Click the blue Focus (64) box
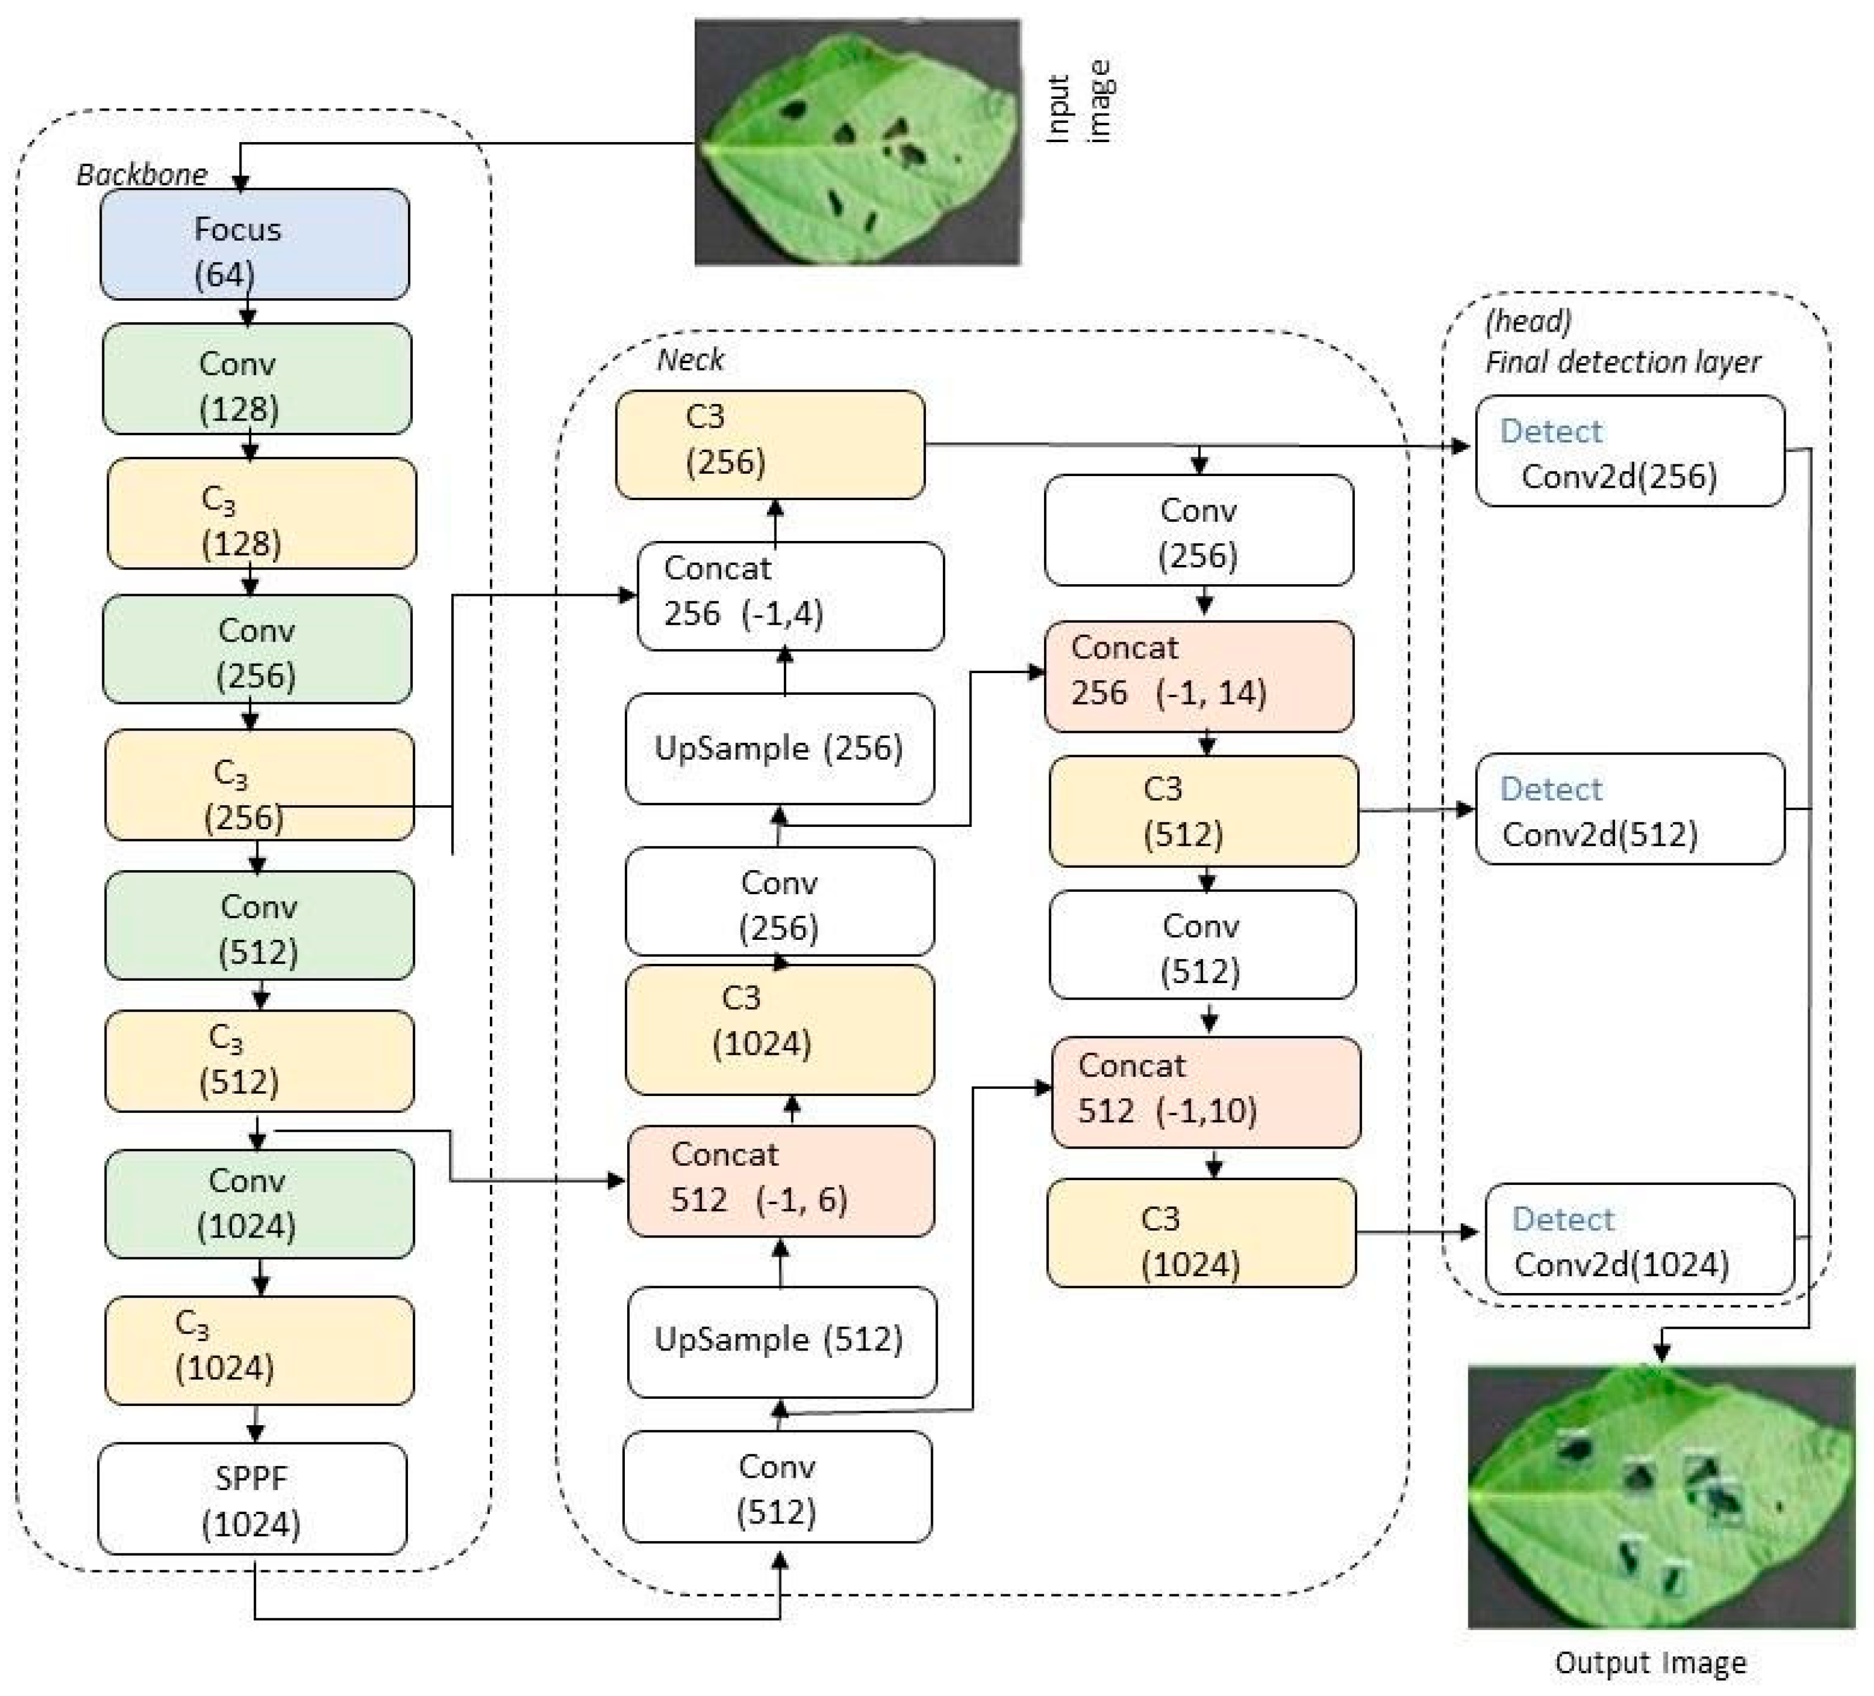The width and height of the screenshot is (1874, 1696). coord(254,244)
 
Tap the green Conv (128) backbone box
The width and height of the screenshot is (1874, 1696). coord(257,378)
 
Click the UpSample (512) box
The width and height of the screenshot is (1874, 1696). coord(782,1341)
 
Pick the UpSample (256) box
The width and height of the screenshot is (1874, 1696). coord(779,749)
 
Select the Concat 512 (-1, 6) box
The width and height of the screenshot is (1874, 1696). coord(781,1180)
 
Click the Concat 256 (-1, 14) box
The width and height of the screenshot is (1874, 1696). coord(1198,676)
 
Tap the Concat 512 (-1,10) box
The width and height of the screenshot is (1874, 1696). coord(1206,1092)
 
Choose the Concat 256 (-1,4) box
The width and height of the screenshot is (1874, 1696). coord(790,595)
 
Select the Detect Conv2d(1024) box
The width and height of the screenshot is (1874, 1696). coord(1640,1239)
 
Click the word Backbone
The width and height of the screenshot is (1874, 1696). coord(141,175)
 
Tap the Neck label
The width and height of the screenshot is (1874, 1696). coord(690,360)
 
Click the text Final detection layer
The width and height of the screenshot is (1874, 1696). coord(1622,361)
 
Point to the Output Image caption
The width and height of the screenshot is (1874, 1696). coord(1650,1661)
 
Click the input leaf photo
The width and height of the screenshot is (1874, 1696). coord(857,142)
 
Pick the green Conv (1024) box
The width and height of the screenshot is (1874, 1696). coord(260,1204)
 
